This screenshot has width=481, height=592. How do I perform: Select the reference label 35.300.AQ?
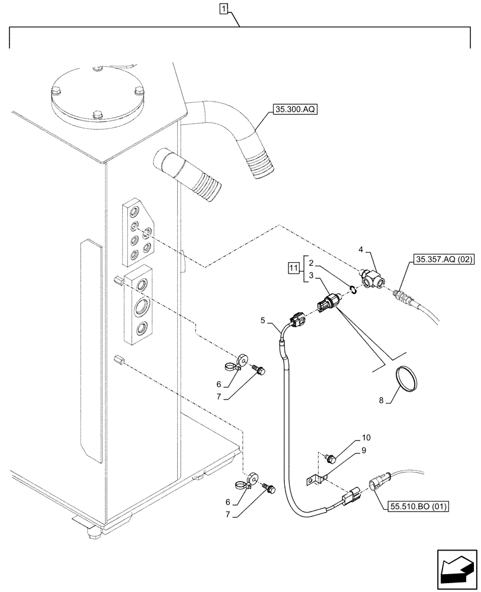(296, 110)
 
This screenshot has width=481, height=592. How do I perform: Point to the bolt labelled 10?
(332, 457)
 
